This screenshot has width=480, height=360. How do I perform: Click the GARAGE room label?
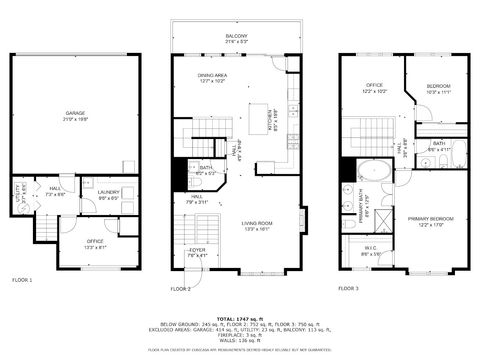[x=76, y=114]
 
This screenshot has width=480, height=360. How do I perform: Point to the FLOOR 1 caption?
[x=22, y=280]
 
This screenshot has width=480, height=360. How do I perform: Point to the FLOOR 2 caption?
[x=180, y=288]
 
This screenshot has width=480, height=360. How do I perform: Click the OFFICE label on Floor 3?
[x=372, y=89]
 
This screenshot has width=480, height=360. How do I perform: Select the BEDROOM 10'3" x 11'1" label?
[x=439, y=89]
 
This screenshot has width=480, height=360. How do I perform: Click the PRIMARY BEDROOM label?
[x=429, y=220]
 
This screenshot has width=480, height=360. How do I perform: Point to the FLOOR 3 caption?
[x=348, y=288]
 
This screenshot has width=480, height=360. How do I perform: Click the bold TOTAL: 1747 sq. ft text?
[x=240, y=316]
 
